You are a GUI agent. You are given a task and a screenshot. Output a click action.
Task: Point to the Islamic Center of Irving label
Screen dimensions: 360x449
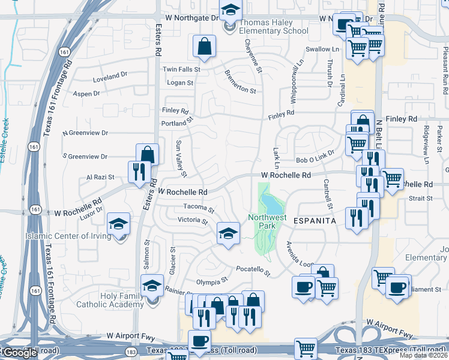pyautogui.click(x=68, y=236)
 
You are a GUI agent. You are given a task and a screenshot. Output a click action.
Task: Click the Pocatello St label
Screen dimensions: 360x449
pyautogui.click(x=253, y=269)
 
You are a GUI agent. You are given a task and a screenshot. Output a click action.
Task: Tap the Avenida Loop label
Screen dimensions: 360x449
pyautogui.click(x=300, y=255)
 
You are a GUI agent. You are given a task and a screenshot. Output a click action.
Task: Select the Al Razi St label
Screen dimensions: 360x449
pyautogui.click(x=100, y=178)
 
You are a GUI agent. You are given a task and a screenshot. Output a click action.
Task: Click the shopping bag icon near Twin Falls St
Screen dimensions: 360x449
pyautogui.click(x=205, y=46)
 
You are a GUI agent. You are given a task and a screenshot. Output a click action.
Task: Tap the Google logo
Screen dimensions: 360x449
pyautogui.click(x=20, y=353)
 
